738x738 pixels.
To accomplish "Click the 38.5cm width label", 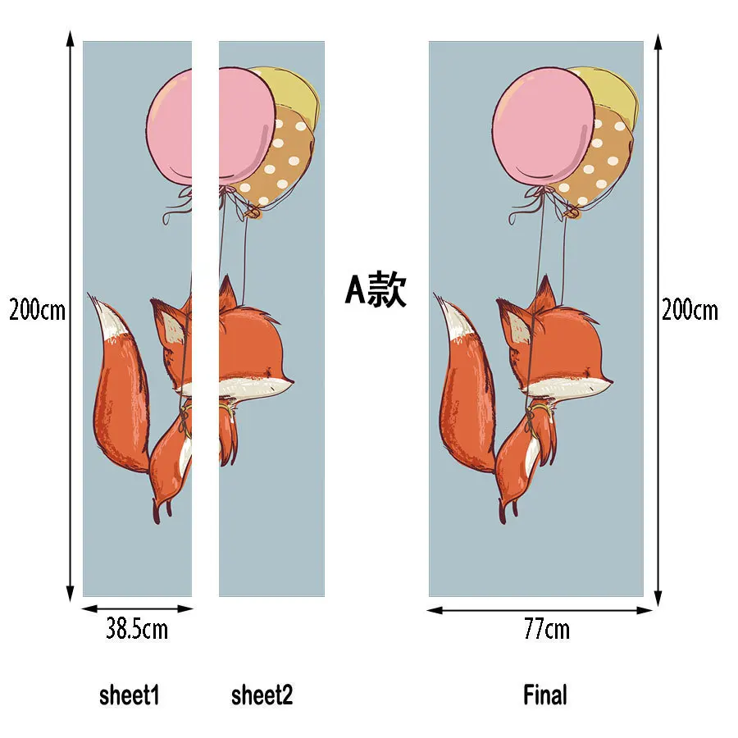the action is [x=136, y=628].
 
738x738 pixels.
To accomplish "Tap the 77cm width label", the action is [x=546, y=629].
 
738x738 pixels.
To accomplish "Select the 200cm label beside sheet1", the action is [x=37, y=310].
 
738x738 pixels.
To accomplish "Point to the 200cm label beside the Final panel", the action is [x=690, y=310].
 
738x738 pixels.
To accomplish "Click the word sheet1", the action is [x=130, y=695].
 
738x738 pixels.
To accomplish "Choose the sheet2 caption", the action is [x=262, y=695].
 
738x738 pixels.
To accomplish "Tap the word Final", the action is [x=545, y=695].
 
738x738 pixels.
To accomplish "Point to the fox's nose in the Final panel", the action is [x=610, y=380].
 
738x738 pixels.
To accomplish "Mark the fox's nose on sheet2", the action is [x=291, y=380].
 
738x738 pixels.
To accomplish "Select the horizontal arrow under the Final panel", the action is [x=540, y=610].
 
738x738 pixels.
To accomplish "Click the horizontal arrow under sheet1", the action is [x=138, y=609].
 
